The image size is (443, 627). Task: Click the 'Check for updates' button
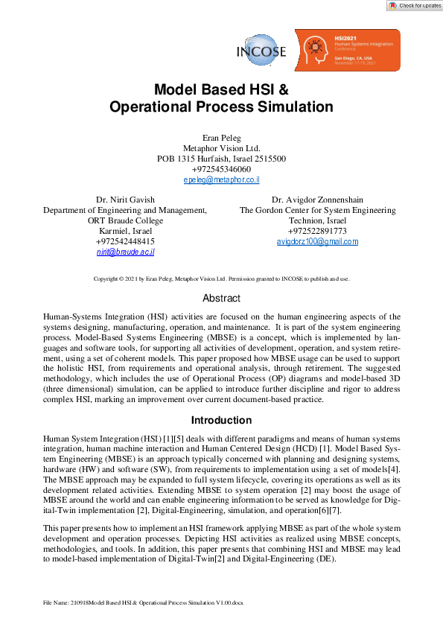[x=415, y=5]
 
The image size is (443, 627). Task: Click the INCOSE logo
[x=261, y=51]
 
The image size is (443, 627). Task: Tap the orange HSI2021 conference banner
[x=346, y=50]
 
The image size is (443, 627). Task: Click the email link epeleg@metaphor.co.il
[x=221, y=180]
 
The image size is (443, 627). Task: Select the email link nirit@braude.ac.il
[x=125, y=252]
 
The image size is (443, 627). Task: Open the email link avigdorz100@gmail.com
[x=317, y=242]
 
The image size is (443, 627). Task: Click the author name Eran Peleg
[x=221, y=138]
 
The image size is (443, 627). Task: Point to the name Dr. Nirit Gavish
[x=125, y=200]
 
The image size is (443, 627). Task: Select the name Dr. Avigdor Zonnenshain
[x=317, y=200]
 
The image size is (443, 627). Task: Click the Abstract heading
[x=221, y=299]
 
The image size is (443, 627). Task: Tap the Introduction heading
[x=221, y=420]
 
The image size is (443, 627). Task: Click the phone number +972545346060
[x=221, y=170]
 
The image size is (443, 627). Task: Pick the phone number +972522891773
[x=317, y=232]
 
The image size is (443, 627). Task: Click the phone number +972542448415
[x=125, y=242]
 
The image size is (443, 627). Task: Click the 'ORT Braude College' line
[x=125, y=221]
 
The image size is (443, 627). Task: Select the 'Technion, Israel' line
[x=317, y=221]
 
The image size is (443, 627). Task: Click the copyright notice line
[x=221, y=279]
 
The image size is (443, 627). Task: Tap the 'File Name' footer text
[x=144, y=602]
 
